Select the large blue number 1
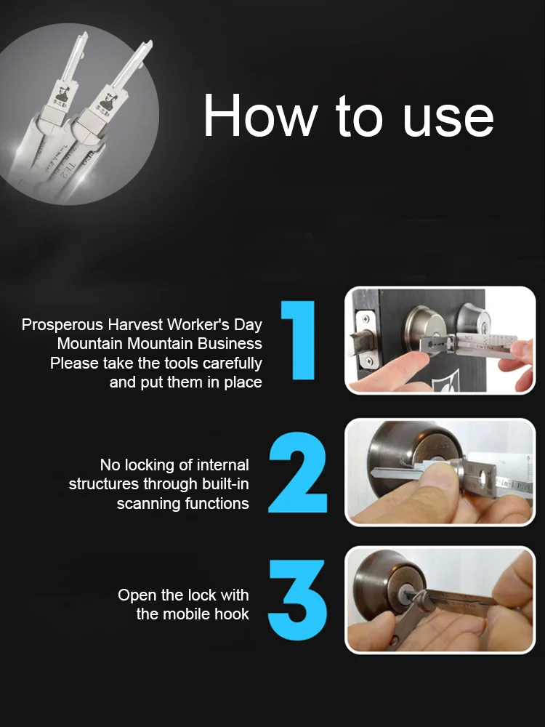tap(299, 340)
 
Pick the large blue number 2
tap(298, 473)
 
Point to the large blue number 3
tap(298, 600)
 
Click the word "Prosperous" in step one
tap(62, 324)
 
